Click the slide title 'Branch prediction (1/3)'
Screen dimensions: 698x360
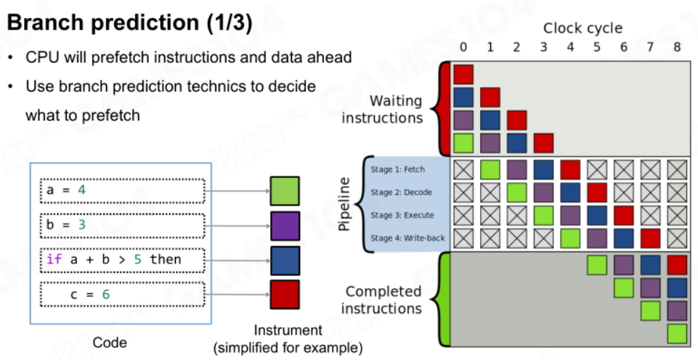(129, 23)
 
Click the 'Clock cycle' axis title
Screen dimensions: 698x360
(583, 29)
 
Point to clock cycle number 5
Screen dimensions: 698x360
(596, 46)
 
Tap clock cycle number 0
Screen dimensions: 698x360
(463, 46)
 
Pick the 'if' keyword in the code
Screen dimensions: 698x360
(54, 259)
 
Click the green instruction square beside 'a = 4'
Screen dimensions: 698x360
(285, 191)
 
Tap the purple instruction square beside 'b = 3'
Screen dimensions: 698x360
(285, 226)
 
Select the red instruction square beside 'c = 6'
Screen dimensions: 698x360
(285, 294)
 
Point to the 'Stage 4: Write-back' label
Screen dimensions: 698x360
(407, 238)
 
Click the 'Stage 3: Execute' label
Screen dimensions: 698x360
(402, 216)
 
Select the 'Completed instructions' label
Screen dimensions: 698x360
(384, 300)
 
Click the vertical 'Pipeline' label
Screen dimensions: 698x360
(344, 204)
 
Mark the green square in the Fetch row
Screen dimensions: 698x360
(490, 170)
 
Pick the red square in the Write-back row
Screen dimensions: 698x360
(650, 239)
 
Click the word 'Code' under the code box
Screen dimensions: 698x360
(110, 343)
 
